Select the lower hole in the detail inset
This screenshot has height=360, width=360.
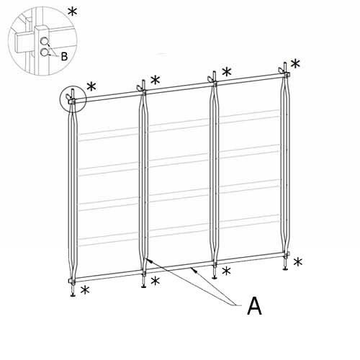click(45, 52)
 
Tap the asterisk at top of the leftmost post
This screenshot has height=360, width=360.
click(91, 87)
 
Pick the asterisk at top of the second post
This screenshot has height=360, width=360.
click(156, 80)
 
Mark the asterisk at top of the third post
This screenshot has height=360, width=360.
click(227, 72)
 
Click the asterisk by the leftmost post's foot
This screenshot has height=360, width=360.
click(85, 291)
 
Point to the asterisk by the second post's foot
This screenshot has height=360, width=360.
click(155, 279)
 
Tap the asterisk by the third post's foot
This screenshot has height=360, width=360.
click(226, 271)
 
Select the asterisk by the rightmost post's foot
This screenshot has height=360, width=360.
click(297, 262)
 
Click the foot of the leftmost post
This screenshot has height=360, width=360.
click(73, 294)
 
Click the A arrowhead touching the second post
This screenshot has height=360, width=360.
click(146, 258)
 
